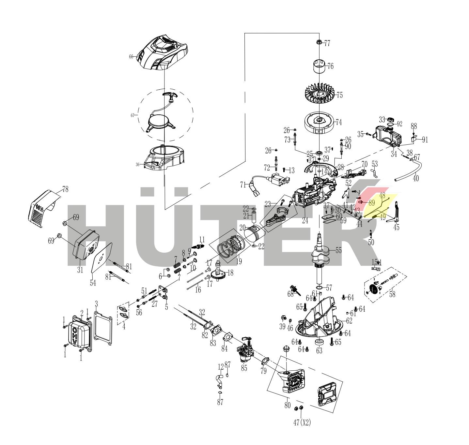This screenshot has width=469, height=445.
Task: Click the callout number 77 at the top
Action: (327, 43)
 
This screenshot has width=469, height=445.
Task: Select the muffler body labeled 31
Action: (86, 246)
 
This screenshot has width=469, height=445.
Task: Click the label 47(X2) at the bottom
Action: (302, 423)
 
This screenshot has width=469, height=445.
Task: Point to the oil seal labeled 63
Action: (319, 342)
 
